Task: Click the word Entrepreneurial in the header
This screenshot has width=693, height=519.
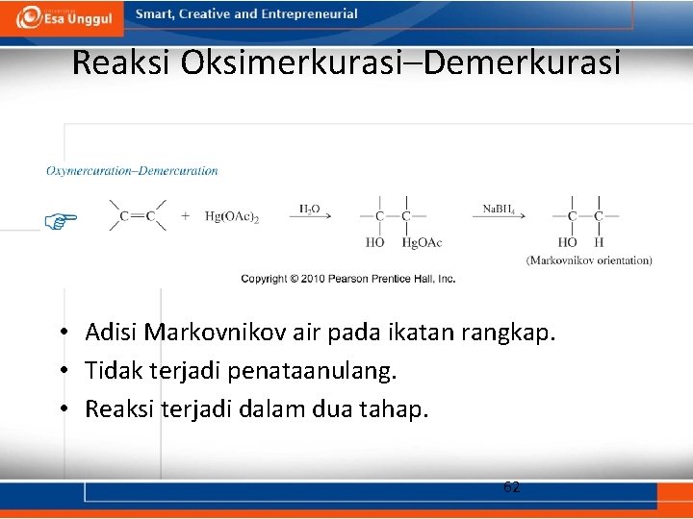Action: [x=312, y=14]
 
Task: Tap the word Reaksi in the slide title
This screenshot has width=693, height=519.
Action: [x=121, y=63]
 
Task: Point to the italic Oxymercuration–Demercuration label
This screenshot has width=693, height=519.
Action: [x=132, y=171]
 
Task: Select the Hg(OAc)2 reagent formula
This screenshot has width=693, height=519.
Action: [x=232, y=217]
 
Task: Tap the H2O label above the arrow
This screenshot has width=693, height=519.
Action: [x=310, y=208]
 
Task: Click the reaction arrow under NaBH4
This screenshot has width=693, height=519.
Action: [x=498, y=217]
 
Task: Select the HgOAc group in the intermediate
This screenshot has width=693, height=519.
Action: [x=422, y=242]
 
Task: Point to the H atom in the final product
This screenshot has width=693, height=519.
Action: [x=599, y=242]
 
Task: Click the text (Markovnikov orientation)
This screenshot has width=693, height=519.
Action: [x=589, y=260]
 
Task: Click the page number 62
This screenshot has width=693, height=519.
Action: [x=512, y=487]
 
